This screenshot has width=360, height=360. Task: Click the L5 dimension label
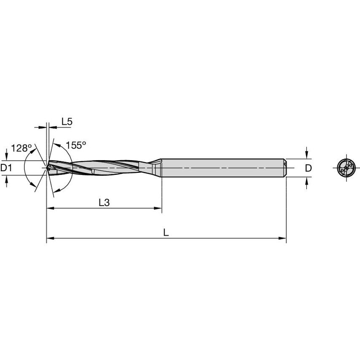click(x=67, y=122)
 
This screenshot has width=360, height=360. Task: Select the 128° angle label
click(x=21, y=148)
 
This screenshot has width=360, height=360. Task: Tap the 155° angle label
click(x=76, y=145)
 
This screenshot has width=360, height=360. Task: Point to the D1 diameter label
click(x=6, y=168)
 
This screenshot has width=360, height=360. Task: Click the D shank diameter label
click(x=308, y=168)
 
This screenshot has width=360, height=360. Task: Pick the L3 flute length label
click(x=104, y=202)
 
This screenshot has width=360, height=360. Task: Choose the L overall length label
click(x=166, y=233)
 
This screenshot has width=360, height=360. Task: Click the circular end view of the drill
click(x=346, y=168)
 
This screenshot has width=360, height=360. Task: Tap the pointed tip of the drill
click(x=47, y=168)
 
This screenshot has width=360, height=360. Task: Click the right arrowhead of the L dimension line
click(x=283, y=239)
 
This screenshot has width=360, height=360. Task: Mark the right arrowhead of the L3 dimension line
click(x=159, y=208)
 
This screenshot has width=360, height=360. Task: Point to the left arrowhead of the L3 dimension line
click(x=50, y=208)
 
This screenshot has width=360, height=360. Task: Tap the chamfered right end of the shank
click(x=285, y=168)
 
